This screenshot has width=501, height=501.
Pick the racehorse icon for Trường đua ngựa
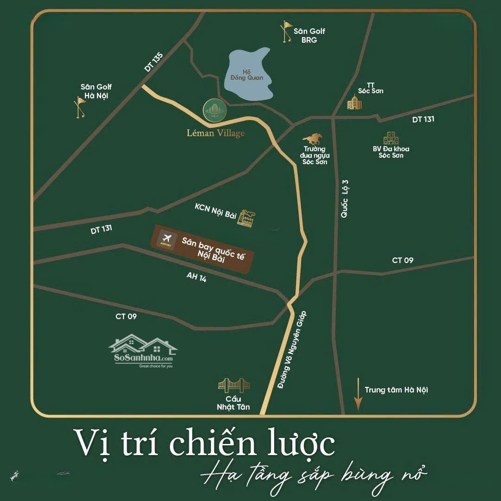[313, 138]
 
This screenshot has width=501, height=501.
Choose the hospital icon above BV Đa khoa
[391, 138]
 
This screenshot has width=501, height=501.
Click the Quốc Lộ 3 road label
[344, 198]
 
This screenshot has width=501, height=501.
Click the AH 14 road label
[196, 277]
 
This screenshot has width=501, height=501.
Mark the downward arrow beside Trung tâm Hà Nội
[358, 394]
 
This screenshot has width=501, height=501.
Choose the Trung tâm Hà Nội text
[396, 390]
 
